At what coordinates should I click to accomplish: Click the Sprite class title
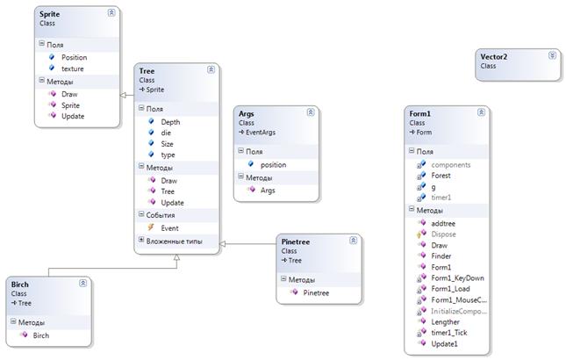[51, 14]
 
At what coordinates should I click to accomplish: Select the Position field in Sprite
[75, 58]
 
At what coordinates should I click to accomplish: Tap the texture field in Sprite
[73, 68]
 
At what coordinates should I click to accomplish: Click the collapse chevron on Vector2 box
[551, 55]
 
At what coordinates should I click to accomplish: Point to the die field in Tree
[167, 133]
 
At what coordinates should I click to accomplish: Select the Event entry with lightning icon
[170, 227]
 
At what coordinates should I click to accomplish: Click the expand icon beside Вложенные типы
[141, 240]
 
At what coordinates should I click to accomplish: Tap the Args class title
[247, 114]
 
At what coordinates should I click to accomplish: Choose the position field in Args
[273, 164]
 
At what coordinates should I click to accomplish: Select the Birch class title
[20, 285]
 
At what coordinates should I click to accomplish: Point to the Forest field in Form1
[441, 176]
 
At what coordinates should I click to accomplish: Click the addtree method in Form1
[443, 224]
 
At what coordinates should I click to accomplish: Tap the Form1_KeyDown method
[456, 277]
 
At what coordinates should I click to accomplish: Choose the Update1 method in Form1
[445, 342]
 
